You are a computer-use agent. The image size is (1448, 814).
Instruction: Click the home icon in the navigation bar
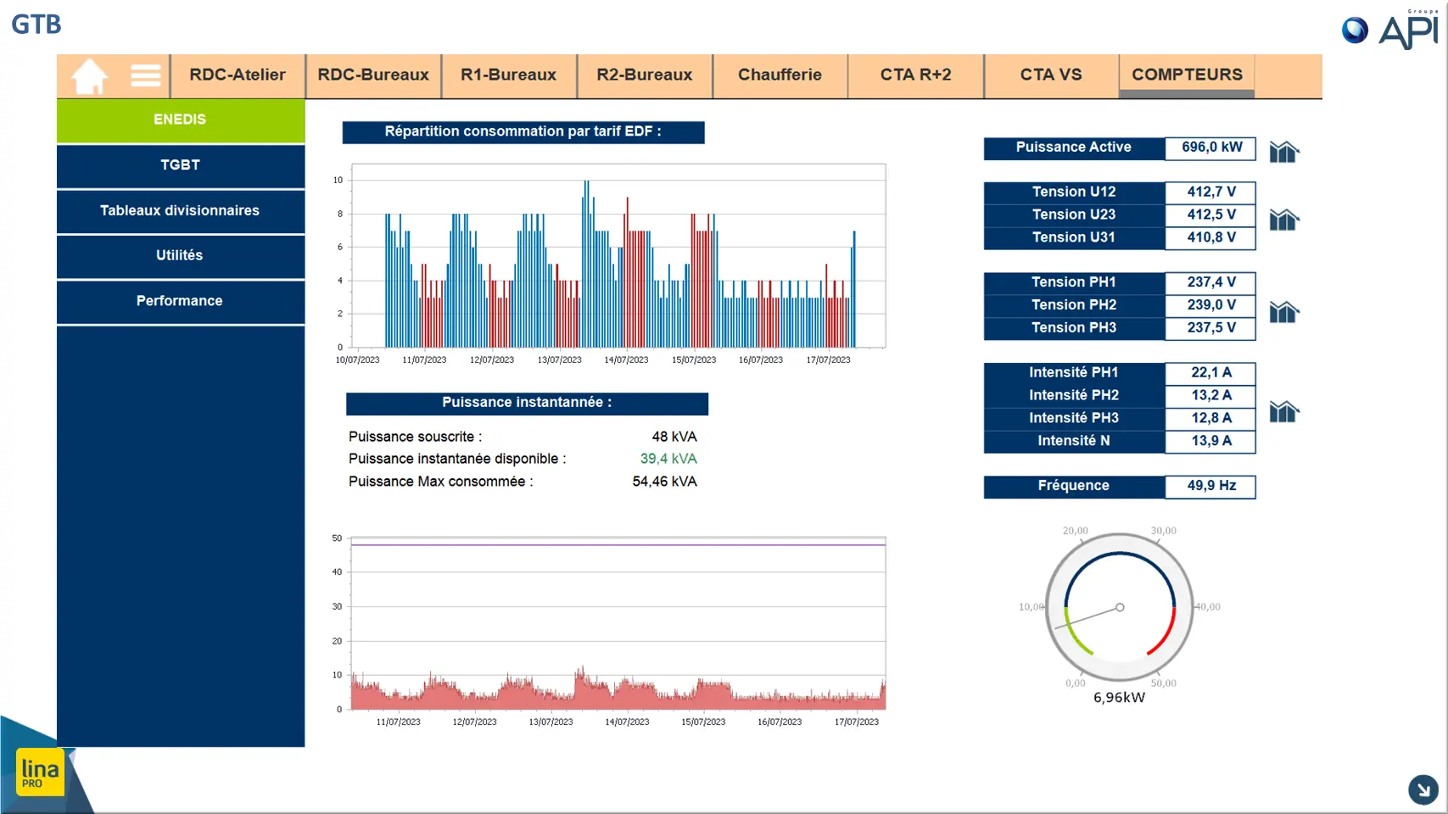click(89, 76)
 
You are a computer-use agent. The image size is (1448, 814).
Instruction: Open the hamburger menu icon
click(145, 75)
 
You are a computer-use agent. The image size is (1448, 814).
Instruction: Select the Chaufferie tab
click(780, 75)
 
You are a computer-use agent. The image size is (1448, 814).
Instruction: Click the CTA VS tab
click(1050, 75)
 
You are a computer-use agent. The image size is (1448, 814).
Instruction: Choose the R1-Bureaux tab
click(508, 75)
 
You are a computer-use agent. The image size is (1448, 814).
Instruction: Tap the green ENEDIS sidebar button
click(181, 120)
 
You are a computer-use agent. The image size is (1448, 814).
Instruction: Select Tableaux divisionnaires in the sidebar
click(181, 210)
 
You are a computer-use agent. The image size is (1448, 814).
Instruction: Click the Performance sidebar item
click(181, 301)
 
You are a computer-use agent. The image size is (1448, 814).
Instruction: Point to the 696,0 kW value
click(1211, 148)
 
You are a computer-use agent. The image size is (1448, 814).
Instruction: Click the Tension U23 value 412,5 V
click(1211, 215)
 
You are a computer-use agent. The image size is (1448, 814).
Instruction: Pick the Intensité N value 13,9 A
click(1211, 441)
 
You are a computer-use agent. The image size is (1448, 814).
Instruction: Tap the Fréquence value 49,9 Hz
click(1211, 486)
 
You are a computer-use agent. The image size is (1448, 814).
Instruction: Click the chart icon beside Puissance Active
click(1283, 152)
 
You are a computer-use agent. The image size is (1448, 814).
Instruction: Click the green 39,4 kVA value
click(668, 459)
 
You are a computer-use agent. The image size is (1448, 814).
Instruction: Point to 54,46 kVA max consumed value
click(664, 482)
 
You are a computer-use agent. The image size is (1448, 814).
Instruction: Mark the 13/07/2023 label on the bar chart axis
click(559, 360)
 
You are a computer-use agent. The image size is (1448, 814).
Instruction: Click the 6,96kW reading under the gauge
click(1119, 698)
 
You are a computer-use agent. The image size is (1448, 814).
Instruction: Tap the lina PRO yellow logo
click(40, 772)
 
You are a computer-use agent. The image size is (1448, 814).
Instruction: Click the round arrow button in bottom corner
click(1423, 789)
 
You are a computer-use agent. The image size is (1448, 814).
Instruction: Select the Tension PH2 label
click(1074, 305)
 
